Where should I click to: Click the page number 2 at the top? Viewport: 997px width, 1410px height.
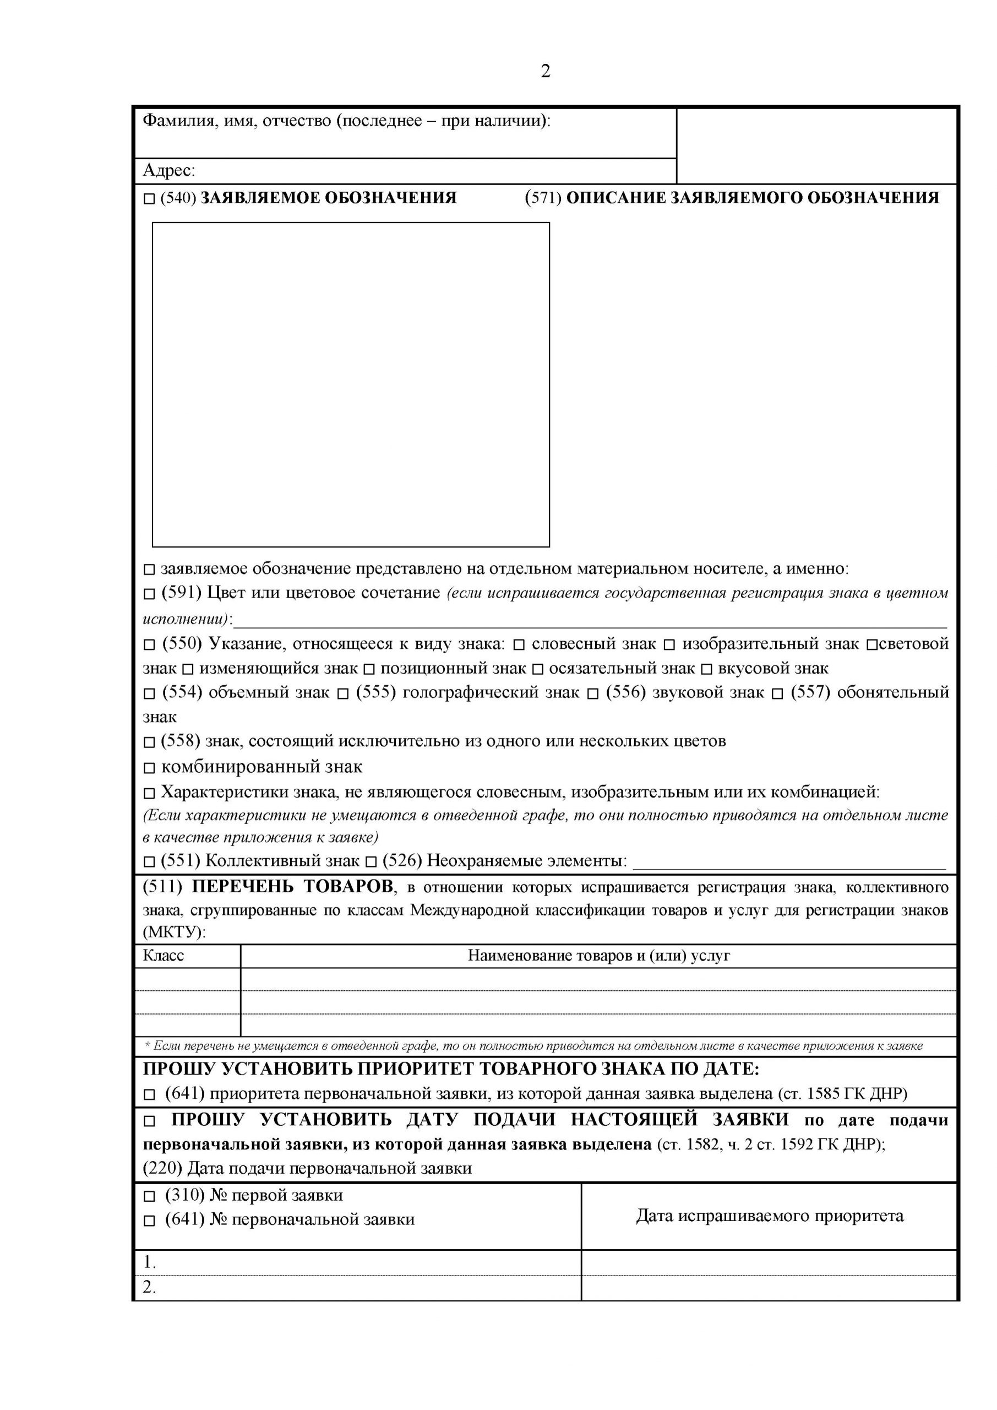[x=545, y=72]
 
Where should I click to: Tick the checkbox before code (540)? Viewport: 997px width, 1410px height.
[x=149, y=199]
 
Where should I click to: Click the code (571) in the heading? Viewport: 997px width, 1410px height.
[x=543, y=198]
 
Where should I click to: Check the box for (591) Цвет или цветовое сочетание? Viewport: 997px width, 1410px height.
[x=149, y=594]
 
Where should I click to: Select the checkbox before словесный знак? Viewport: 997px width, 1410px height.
[x=519, y=645]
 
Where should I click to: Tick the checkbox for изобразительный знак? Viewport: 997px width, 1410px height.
[x=670, y=645]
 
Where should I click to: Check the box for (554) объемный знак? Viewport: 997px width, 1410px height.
[x=149, y=694]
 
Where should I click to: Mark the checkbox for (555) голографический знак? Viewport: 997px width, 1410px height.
[x=343, y=694]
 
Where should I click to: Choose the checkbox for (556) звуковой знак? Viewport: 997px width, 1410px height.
[x=592, y=694]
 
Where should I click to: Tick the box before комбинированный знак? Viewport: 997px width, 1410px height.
[x=149, y=768]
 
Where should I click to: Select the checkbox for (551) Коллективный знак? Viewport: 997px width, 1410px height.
[x=149, y=861]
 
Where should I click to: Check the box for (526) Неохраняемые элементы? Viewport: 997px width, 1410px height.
[x=371, y=861]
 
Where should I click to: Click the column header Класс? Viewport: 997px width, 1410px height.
[x=164, y=956]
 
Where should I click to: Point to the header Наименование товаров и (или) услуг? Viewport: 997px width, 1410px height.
[x=598, y=956]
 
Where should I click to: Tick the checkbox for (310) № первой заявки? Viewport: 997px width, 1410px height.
[x=149, y=1196]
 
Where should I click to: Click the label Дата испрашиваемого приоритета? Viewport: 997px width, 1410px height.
[x=769, y=1216]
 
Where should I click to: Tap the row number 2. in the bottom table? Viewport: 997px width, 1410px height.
[x=149, y=1287]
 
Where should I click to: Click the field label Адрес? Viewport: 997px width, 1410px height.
[x=169, y=170]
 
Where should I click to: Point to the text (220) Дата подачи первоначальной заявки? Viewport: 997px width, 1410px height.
[x=307, y=1168]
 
